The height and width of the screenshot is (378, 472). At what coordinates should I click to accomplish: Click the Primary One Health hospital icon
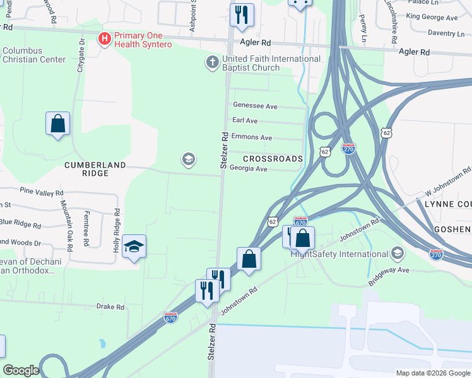pyautogui.click(x=105, y=39)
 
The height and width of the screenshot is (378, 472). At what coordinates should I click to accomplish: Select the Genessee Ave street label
pyautogui.click(x=255, y=106)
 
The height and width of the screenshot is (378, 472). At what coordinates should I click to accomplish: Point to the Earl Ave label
pyautogui.click(x=245, y=120)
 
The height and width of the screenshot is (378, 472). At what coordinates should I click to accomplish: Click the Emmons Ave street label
pyautogui.click(x=252, y=137)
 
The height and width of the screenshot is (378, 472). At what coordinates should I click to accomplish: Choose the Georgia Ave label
pyautogui.click(x=248, y=168)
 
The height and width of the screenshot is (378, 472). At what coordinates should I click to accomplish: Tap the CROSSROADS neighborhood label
pyautogui.click(x=273, y=159)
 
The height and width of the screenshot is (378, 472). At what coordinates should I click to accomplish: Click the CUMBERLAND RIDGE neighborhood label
pyautogui.click(x=95, y=164)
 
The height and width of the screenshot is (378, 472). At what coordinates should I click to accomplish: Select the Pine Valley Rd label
pyautogui.click(x=42, y=192)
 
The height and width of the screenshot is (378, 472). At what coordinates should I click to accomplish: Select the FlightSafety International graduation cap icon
pyautogui.click(x=397, y=254)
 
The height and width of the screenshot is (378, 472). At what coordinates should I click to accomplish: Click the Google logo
pyautogui.click(x=21, y=370)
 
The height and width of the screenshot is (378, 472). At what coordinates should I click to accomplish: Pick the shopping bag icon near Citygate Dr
pyautogui.click(x=57, y=123)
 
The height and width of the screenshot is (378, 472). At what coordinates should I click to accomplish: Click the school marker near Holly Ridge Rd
pyautogui.click(x=134, y=246)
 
